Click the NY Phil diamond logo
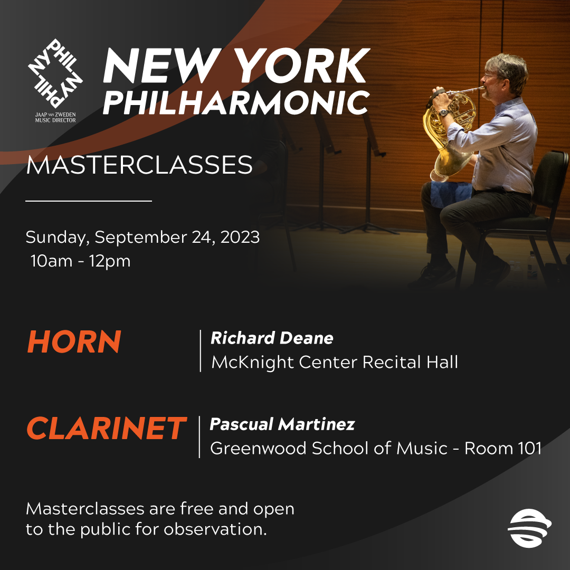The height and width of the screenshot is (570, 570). click(55, 73)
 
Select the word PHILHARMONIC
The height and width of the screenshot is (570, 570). click(236, 102)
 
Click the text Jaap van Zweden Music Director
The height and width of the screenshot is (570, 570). click(55, 117)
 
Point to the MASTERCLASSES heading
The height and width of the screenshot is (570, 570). click(139, 165)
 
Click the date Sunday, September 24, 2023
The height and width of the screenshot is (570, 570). click(142, 237)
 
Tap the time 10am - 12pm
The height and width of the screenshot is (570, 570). click(80, 261)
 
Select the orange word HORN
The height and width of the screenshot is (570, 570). click(74, 341)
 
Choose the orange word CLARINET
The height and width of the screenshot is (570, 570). click(107, 428)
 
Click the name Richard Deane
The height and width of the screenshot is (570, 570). click(272, 338)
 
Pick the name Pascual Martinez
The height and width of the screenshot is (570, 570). click(282, 424)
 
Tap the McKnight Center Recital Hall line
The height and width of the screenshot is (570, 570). click(335, 363)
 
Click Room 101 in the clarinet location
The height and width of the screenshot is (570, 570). click(503, 448)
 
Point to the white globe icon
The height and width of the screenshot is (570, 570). click(529, 528)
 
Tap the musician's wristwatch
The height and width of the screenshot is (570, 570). click(443, 113)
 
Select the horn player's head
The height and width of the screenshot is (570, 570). click(505, 74)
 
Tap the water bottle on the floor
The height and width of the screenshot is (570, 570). click(532, 267)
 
